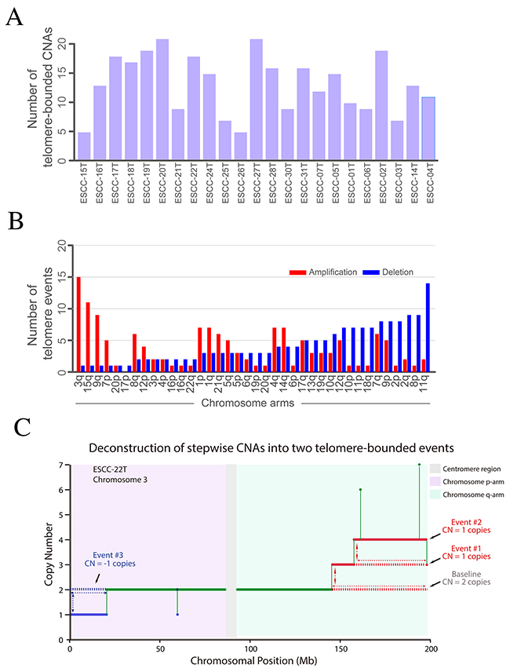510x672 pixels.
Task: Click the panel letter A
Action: click(x=13, y=18)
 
